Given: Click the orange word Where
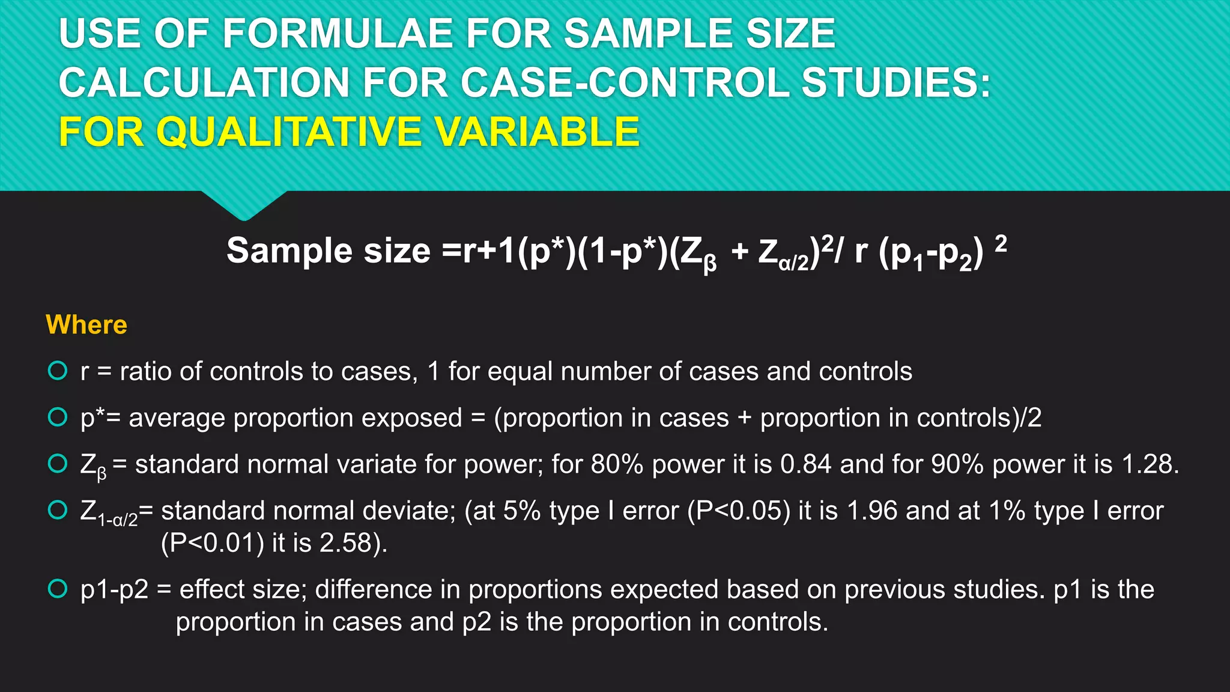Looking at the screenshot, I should tap(86, 325).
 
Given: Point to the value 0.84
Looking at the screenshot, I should tap(805, 464).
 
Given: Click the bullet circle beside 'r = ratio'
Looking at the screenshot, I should tap(58, 371).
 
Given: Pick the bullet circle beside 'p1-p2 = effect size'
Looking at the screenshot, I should tap(58, 589).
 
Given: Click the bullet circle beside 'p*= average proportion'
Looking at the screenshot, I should tap(58, 417).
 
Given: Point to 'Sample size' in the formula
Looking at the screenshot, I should tap(329, 250).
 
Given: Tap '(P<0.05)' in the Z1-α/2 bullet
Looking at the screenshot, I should tap(739, 511).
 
